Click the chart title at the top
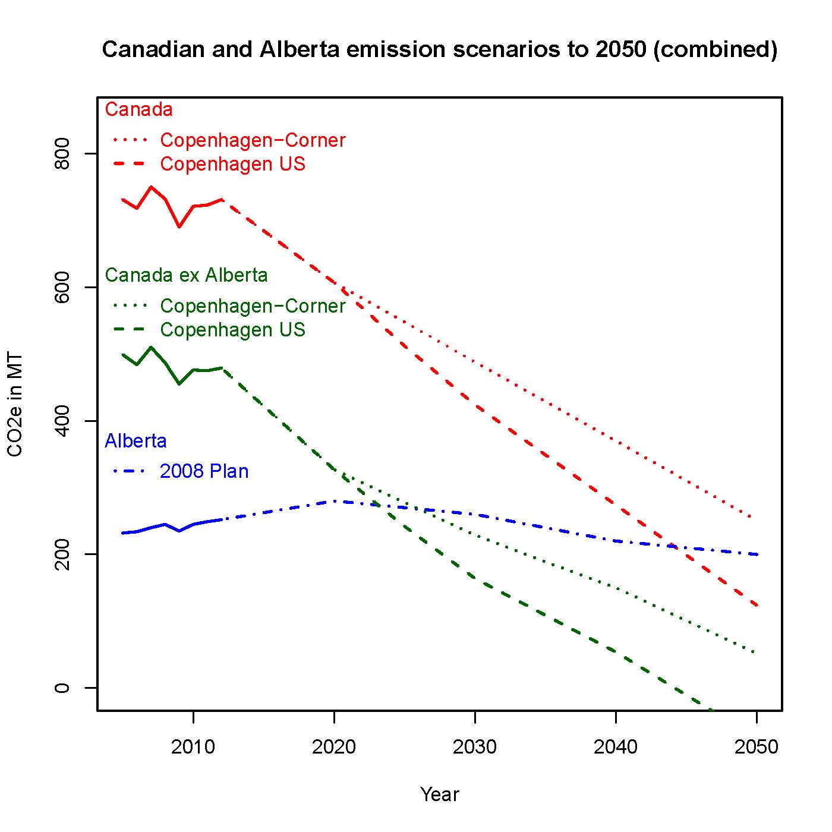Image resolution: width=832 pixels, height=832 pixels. click(x=439, y=49)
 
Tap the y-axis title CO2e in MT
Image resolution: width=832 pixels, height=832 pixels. click(x=15, y=405)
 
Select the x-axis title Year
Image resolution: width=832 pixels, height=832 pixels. click(x=439, y=794)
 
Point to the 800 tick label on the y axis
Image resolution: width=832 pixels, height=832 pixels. click(x=62, y=153)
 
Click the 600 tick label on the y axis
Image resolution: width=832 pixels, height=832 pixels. click(x=62, y=287)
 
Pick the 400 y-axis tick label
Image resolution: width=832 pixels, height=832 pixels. click(x=62, y=421)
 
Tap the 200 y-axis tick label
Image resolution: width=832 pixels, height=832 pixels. click(x=62, y=554)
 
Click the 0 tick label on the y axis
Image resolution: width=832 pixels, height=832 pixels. click(x=62, y=688)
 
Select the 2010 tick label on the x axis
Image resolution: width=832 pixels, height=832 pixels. click(x=193, y=747)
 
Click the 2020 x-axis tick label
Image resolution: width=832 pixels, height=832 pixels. click(x=334, y=747)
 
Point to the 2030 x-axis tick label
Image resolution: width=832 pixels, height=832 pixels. click(x=475, y=747)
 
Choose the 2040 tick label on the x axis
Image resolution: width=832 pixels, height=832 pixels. click(x=616, y=747)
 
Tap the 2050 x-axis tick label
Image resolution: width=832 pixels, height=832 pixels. click(x=756, y=747)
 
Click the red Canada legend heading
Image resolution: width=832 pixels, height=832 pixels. click(x=138, y=109)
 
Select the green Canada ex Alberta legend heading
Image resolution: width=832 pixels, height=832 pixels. click(x=186, y=275)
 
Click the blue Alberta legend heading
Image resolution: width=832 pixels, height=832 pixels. click(x=135, y=441)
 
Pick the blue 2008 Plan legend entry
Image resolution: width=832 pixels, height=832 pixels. click(x=204, y=471)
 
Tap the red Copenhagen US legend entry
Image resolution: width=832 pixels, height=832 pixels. click(x=232, y=164)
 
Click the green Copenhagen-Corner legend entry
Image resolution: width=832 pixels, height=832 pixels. click(x=253, y=306)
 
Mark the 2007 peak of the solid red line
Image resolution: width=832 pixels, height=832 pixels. click(x=151, y=187)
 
